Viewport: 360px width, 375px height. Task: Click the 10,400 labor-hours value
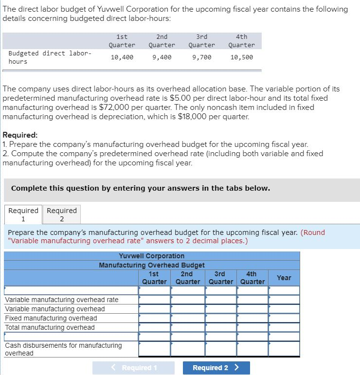click(x=122, y=57)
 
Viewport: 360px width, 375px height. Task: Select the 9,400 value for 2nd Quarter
click(x=162, y=57)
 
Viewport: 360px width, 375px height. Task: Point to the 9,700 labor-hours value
click(x=201, y=57)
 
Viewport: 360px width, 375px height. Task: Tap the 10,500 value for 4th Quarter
click(x=241, y=57)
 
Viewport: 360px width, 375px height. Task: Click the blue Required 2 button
click(x=216, y=368)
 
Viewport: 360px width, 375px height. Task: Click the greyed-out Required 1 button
click(x=126, y=368)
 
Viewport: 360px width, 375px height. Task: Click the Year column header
click(x=284, y=278)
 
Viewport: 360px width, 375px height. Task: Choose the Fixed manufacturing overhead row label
click(x=51, y=318)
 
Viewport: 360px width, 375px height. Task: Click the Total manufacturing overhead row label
click(x=50, y=327)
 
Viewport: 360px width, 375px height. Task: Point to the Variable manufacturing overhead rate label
click(x=61, y=300)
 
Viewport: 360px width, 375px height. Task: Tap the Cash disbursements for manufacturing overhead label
click(x=63, y=349)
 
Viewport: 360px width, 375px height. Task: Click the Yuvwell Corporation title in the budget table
click(x=151, y=256)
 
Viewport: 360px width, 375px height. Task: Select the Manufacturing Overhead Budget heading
click(x=151, y=265)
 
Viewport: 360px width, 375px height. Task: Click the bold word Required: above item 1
click(x=20, y=135)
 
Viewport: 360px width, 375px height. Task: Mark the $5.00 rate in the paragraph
click(x=180, y=98)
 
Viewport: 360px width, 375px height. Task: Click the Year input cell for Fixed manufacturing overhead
click(x=284, y=318)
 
